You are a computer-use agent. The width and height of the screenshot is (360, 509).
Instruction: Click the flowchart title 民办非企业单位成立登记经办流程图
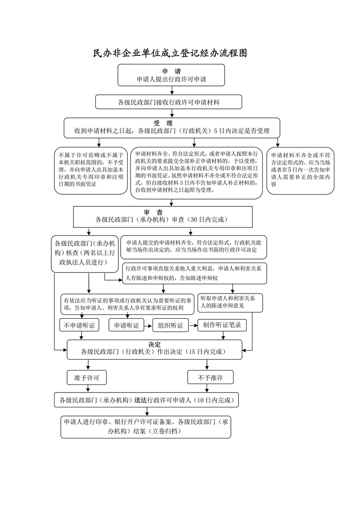(171, 54)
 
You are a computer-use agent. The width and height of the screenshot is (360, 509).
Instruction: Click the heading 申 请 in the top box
(171, 71)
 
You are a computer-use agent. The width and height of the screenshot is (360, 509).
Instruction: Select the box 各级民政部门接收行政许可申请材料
(169, 102)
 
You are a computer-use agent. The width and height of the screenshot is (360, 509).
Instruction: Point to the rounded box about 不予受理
(90, 170)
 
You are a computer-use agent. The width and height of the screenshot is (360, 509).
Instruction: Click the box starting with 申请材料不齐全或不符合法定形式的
(301, 170)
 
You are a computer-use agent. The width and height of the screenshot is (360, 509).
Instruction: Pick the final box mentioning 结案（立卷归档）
(146, 427)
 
